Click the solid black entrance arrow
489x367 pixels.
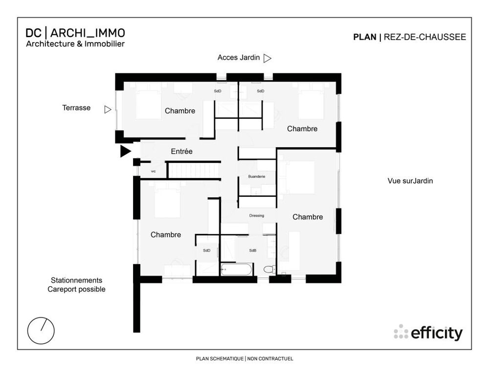tap(125, 151)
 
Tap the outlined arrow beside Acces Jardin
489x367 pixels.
tap(267, 58)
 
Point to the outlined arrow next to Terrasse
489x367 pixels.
tap(108, 110)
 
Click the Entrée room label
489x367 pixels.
tap(181, 151)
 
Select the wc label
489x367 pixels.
tap(153, 171)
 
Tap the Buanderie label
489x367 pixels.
tap(257, 177)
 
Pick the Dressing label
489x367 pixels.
tap(257, 216)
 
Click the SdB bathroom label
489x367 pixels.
tap(253, 250)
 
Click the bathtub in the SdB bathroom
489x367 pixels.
tap(236, 269)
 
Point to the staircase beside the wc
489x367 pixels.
tap(193, 171)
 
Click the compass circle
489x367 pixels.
tap(41, 331)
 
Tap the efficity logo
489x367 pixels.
tap(428, 333)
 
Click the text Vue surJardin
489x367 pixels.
tap(410, 181)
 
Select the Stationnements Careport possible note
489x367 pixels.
tap(76, 285)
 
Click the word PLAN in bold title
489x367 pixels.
tap(365, 37)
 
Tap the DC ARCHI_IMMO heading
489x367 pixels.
tap(75, 33)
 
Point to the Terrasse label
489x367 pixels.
tap(76, 108)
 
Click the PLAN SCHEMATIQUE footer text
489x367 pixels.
tap(220, 359)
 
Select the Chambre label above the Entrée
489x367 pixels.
tap(180, 111)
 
